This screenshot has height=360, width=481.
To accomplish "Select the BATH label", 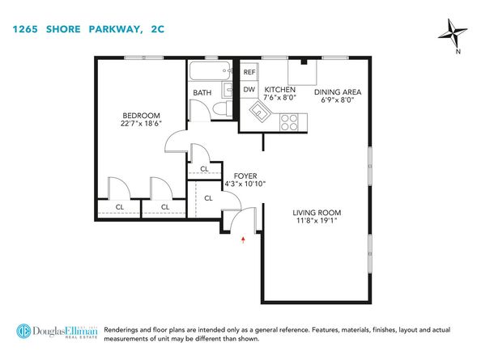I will coord(202,93).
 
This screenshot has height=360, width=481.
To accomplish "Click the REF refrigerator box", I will coord(249,72).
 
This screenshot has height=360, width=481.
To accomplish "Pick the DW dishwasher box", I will coord(249,90).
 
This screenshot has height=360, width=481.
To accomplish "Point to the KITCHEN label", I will coord(279,89).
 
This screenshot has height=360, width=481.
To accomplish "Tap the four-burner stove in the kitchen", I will coord(289,121).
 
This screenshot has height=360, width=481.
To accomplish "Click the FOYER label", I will coord(245,175).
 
